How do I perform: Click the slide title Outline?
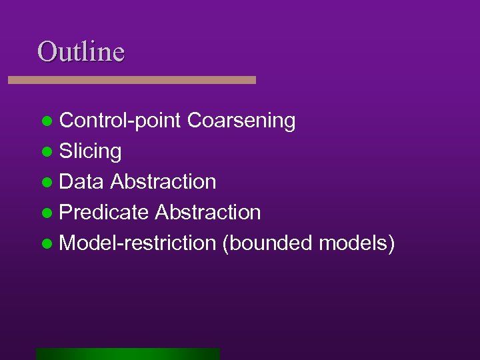click(81, 51)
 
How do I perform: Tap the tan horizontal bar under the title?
click(132, 79)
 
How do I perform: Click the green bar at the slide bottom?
click(128, 353)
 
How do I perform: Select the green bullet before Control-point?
click(46, 122)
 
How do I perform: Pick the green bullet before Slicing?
click(46, 153)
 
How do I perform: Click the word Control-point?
click(120, 121)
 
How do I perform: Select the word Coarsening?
click(241, 121)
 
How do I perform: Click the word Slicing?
click(90, 152)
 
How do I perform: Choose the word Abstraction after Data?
click(163, 182)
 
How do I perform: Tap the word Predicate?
click(104, 213)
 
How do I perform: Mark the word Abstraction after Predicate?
click(207, 213)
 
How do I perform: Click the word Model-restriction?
click(137, 243)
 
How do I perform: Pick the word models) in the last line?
click(357, 243)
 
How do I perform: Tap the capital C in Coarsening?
click(194, 121)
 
